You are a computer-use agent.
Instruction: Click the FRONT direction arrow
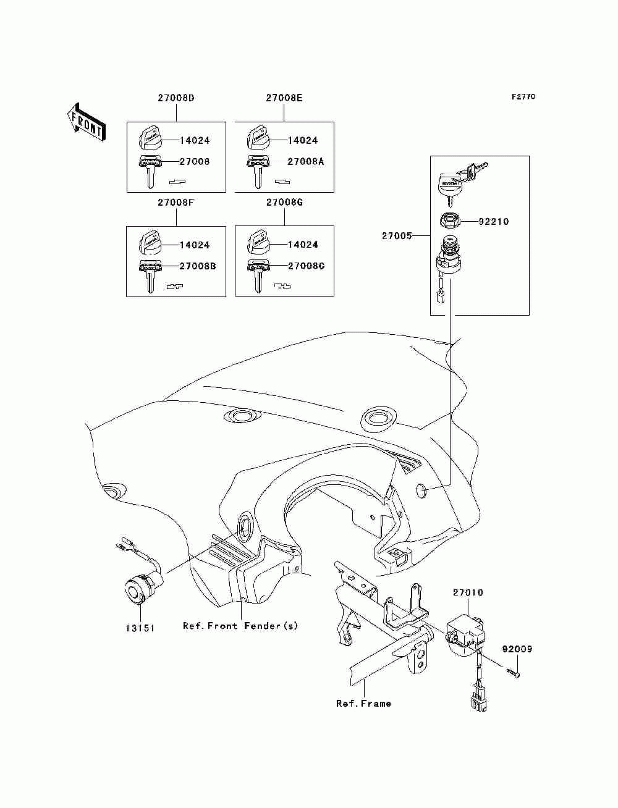point(85,121)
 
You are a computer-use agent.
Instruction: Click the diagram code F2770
point(523,97)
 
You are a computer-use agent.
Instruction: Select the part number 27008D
point(176,98)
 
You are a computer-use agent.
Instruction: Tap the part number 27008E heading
point(284,98)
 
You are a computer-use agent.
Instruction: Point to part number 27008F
point(176,203)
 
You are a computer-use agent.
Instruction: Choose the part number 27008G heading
point(284,203)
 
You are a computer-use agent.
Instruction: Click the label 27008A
point(305,162)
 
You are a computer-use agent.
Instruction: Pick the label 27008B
point(197,266)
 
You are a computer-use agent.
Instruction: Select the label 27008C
point(306,266)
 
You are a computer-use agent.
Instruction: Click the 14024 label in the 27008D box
point(195,140)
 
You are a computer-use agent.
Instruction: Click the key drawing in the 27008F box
point(150,274)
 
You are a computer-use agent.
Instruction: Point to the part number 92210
point(494,222)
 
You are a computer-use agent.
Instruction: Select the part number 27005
point(396,235)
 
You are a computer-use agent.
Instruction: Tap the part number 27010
point(468,593)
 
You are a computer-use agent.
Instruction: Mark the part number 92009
point(517,649)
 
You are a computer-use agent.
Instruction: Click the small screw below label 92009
point(513,672)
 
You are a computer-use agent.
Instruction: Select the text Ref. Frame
point(363,704)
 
